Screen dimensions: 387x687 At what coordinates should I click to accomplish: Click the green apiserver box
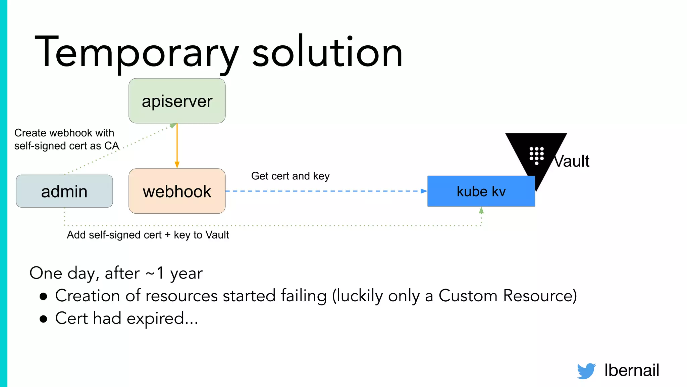[x=177, y=101]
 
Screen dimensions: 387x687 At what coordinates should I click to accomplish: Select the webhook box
[x=177, y=191]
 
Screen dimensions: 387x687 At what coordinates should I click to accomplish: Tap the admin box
[x=64, y=191]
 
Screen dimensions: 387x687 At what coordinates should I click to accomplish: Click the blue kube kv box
[x=481, y=191]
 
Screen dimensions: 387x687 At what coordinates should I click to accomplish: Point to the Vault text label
[x=572, y=161]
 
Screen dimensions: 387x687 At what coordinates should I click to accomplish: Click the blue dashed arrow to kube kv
[x=325, y=191]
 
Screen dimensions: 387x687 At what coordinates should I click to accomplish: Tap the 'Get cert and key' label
[x=290, y=176]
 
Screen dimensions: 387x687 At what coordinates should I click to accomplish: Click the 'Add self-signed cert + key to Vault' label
[x=148, y=235]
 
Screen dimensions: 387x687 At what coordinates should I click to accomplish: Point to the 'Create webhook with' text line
[x=64, y=133]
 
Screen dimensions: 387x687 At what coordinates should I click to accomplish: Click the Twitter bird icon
[x=586, y=371]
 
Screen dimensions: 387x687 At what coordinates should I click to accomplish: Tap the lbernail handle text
[x=631, y=370]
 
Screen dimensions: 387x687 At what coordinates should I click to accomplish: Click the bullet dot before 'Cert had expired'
[x=43, y=319]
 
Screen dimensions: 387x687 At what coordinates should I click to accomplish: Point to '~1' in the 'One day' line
[x=155, y=273]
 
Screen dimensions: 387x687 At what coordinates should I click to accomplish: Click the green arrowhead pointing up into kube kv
[x=481, y=211]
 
